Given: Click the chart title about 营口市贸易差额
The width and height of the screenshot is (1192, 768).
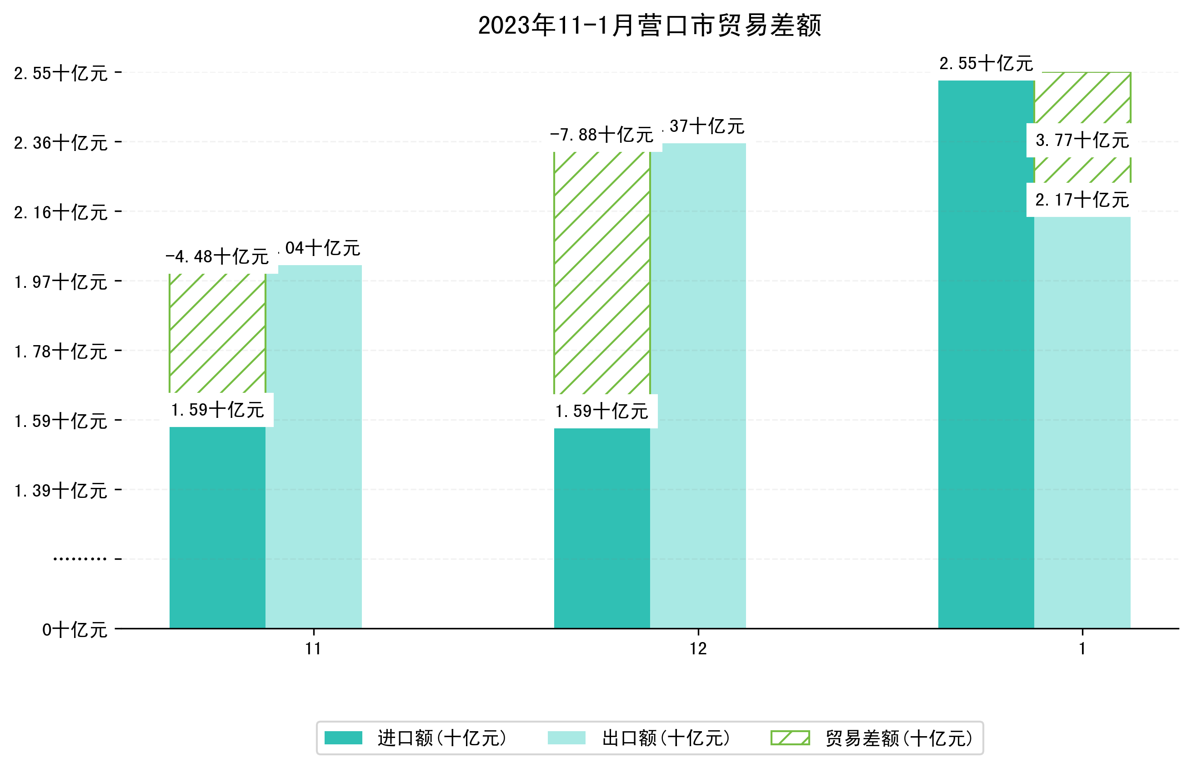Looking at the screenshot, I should tap(649, 25).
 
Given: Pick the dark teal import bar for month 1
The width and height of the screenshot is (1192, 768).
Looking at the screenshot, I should tap(986, 354).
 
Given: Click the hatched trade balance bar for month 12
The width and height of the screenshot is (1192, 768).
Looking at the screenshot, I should tap(602, 272).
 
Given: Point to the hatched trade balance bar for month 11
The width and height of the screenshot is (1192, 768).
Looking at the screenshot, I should tap(217, 333).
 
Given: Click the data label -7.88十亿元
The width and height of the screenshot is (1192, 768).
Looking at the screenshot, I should tap(601, 135).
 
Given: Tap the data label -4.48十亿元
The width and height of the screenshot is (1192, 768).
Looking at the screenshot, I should tap(217, 257).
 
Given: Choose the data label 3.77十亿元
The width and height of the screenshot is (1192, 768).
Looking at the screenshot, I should tap(1082, 141).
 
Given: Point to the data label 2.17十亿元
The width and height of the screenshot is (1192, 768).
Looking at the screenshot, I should tap(1082, 200).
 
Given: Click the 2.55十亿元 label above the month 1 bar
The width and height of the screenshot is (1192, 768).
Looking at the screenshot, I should tap(986, 64).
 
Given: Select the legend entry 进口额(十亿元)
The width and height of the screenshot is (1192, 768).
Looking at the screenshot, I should tap(416, 738).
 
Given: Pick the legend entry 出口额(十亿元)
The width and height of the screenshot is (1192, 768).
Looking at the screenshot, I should tap(639, 738).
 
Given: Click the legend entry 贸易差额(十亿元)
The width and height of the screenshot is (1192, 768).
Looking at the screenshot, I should tap(872, 738).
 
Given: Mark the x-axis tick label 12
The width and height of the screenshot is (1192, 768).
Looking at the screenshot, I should tap(698, 649).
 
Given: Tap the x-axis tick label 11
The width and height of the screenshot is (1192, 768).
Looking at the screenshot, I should tap(313, 649).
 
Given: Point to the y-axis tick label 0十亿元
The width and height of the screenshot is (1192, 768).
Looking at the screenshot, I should tap(75, 630).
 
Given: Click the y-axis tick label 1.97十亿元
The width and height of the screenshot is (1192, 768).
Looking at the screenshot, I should tap(61, 282).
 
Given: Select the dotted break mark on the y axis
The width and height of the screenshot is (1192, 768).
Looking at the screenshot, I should tap(80, 559).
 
